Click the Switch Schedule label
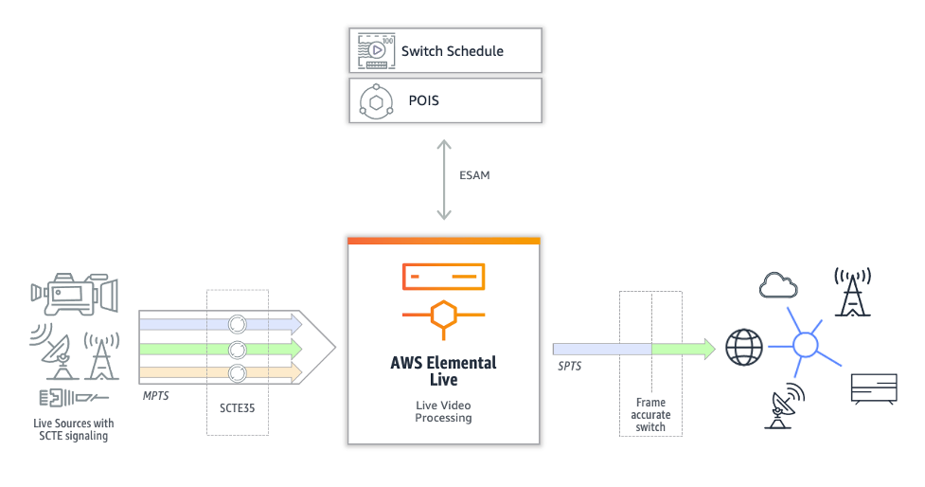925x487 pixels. [x=452, y=51]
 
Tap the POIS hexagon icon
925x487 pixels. [x=377, y=102]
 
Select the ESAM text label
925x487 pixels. [x=474, y=175]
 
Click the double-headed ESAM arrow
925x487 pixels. [x=444, y=179]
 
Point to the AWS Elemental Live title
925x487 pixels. [x=444, y=370]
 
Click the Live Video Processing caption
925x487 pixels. [x=444, y=411]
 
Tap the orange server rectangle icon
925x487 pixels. [x=444, y=277]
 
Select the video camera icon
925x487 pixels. [x=75, y=294]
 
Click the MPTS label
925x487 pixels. [x=155, y=395]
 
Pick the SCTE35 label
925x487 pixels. [x=237, y=408]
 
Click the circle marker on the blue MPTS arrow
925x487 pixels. [x=237, y=324]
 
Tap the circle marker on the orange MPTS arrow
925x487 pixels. [x=237, y=373]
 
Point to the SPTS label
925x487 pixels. [x=569, y=366]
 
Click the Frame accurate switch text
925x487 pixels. [x=650, y=414]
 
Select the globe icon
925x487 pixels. [x=744, y=347]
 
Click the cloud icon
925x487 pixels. [x=778, y=285]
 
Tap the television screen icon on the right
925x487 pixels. [x=874, y=389]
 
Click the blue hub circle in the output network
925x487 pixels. [x=806, y=345]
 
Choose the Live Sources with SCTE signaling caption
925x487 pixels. [x=74, y=430]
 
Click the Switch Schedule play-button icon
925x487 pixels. [x=376, y=51]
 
